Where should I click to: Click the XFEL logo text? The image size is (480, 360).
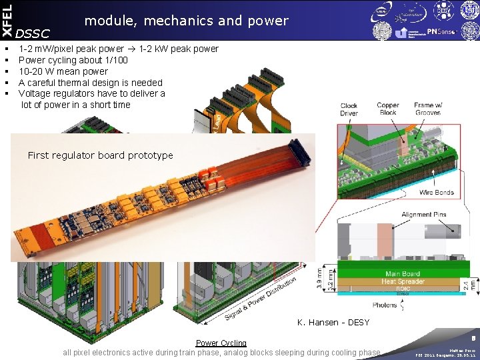click(7, 20)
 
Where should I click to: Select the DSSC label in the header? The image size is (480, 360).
click(33, 33)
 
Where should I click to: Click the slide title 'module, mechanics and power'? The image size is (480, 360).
click(187, 21)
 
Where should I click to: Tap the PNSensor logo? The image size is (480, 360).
click(442, 32)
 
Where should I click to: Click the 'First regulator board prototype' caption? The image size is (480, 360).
click(100, 155)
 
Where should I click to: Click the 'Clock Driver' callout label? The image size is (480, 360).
click(349, 109)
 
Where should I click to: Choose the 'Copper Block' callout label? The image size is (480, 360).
click(387, 109)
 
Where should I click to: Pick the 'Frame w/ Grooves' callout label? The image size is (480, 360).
click(427, 109)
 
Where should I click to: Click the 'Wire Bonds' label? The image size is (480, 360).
click(437, 193)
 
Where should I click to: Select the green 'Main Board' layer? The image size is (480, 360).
click(402, 273)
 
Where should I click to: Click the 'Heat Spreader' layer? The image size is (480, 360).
click(402, 282)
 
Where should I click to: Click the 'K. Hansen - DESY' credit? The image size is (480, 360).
click(333, 323)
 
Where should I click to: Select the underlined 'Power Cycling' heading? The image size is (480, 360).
click(221, 343)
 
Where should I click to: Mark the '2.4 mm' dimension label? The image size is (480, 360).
click(475, 285)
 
